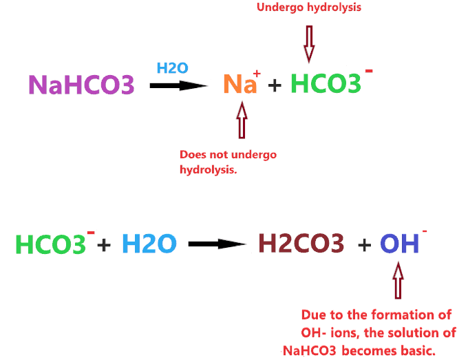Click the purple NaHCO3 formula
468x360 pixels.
coord(81,85)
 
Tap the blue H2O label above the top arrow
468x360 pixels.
coord(171,67)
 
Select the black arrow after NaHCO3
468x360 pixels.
coord(178,85)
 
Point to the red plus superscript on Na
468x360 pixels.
coord(257,74)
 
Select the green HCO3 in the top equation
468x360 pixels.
coord(326,84)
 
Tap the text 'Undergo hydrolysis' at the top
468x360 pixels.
coord(309,8)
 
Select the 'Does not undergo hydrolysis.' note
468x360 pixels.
coord(228,161)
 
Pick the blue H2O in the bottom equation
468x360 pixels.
coord(149,244)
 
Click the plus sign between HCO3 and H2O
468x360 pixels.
coord(104,244)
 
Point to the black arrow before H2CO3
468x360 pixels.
coord(217,244)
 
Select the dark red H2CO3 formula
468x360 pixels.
coord(301,244)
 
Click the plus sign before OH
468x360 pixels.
coord(365,244)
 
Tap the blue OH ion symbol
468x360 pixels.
coord(399,244)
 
